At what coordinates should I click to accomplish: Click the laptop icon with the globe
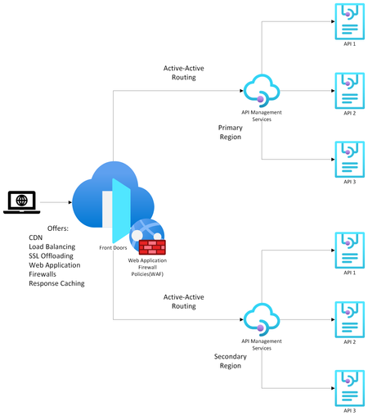point(21,201)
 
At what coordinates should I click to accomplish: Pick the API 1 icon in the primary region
point(349,19)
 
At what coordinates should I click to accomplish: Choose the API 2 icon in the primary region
point(349,88)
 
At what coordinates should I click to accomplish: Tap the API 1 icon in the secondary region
point(349,248)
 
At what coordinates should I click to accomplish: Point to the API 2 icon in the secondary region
point(349,318)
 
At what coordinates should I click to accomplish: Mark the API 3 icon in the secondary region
point(349,386)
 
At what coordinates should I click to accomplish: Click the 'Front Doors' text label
point(114,246)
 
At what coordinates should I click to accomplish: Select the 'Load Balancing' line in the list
point(52,246)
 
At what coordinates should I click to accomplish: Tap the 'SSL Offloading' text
point(52,255)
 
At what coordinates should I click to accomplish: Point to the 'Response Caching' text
point(56,284)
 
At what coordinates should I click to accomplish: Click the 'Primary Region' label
point(230,133)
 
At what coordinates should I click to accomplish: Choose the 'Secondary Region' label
point(230,361)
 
